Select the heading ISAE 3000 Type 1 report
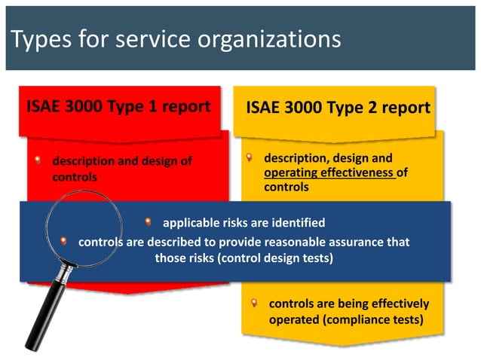click(118, 106)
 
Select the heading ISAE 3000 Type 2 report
click(338, 107)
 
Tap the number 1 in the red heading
click(150, 106)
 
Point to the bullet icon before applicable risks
click(149, 222)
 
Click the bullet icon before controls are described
click(65, 242)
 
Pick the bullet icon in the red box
click(38, 160)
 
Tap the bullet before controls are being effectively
click(256, 304)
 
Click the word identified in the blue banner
click(297, 223)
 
